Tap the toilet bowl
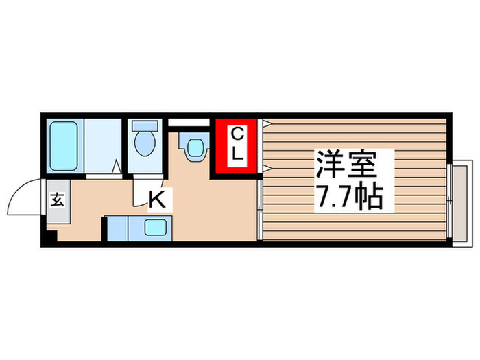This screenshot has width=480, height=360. point(145,145)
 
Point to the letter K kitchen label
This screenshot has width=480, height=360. point(156,200)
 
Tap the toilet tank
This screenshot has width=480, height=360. point(145,127)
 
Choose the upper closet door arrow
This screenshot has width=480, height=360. point(267,123)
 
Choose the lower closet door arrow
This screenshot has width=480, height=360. point(267,168)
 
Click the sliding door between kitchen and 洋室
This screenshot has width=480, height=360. point(259,209)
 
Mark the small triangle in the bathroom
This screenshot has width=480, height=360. point(117,166)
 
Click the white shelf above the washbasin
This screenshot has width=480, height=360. point(188,123)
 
